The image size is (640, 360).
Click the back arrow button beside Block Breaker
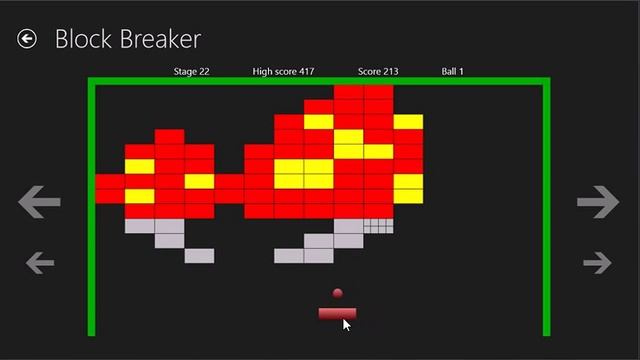[x=27, y=39]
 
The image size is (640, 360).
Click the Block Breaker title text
[x=127, y=39]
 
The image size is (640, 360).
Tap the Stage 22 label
[x=191, y=72]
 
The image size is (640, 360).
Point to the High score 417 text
[x=283, y=72]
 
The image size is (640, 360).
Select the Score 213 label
[x=378, y=72]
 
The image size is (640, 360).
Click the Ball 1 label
[x=452, y=72]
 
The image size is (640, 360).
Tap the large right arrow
[x=598, y=202]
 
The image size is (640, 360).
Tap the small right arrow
[x=597, y=263]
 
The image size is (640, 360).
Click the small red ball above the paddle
[x=337, y=294]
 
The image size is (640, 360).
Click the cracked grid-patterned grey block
[x=378, y=226]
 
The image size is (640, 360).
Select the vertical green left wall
[x=92, y=210]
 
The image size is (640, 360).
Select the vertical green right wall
[x=547, y=210]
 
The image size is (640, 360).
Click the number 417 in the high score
[x=306, y=72]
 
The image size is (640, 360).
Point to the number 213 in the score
[x=390, y=72]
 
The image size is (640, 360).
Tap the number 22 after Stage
[x=204, y=72]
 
